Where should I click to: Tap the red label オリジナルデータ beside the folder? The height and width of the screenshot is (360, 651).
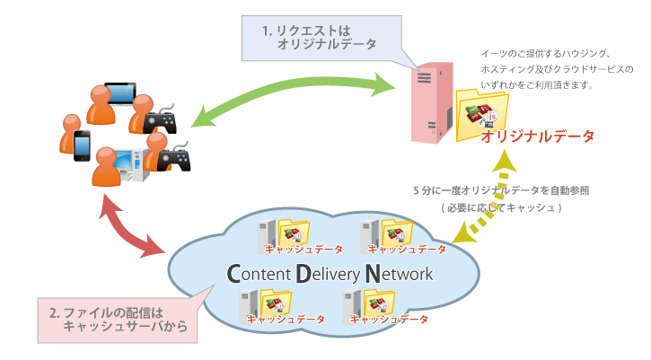click(x=537, y=137)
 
